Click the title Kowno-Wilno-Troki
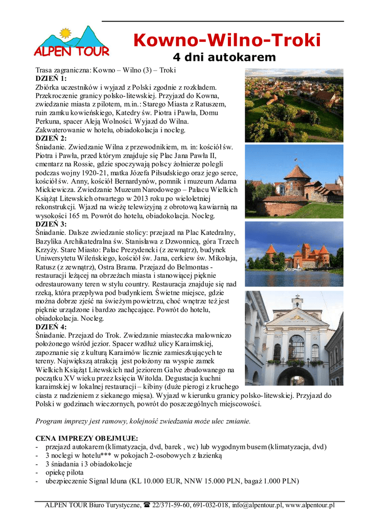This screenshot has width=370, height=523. (227, 40)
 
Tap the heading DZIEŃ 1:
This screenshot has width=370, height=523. (51, 79)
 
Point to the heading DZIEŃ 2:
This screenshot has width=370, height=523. (51, 138)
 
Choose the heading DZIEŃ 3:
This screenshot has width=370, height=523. (51, 224)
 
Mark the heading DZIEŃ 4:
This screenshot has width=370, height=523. (51, 327)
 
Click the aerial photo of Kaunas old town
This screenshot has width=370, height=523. (294, 106)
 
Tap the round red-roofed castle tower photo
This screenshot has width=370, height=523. (294, 181)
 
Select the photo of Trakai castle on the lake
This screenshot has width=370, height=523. (294, 253)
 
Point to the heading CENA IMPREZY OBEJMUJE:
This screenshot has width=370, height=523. (86, 438)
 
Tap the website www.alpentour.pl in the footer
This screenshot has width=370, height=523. (310, 506)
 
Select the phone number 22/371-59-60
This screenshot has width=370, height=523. (171, 506)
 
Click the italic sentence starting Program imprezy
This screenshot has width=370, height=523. (143, 421)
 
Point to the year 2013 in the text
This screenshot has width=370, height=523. (142, 199)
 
